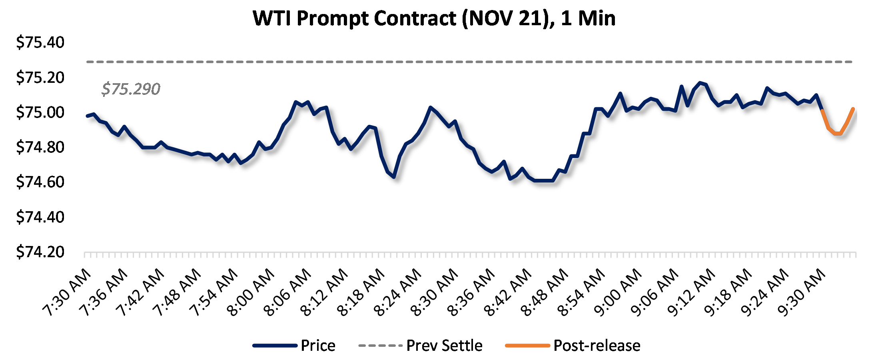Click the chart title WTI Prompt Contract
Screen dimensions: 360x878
click(x=434, y=18)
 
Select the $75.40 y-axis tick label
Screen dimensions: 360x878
click(x=40, y=42)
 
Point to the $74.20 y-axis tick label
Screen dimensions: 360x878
click(x=40, y=252)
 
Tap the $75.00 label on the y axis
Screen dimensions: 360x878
click(x=40, y=112)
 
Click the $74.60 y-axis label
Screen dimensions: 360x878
click(x=40, y=182)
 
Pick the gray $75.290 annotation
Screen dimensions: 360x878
click(x=131, y=89)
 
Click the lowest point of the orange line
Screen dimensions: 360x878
click(x=837, y=134)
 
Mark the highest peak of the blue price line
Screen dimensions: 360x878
click(x=700, y=83)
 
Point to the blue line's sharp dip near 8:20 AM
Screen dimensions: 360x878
click(x=394, y=176)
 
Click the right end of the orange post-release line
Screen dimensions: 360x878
click(x=853, y=109)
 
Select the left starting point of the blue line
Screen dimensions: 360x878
click(x=87, y=116)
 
